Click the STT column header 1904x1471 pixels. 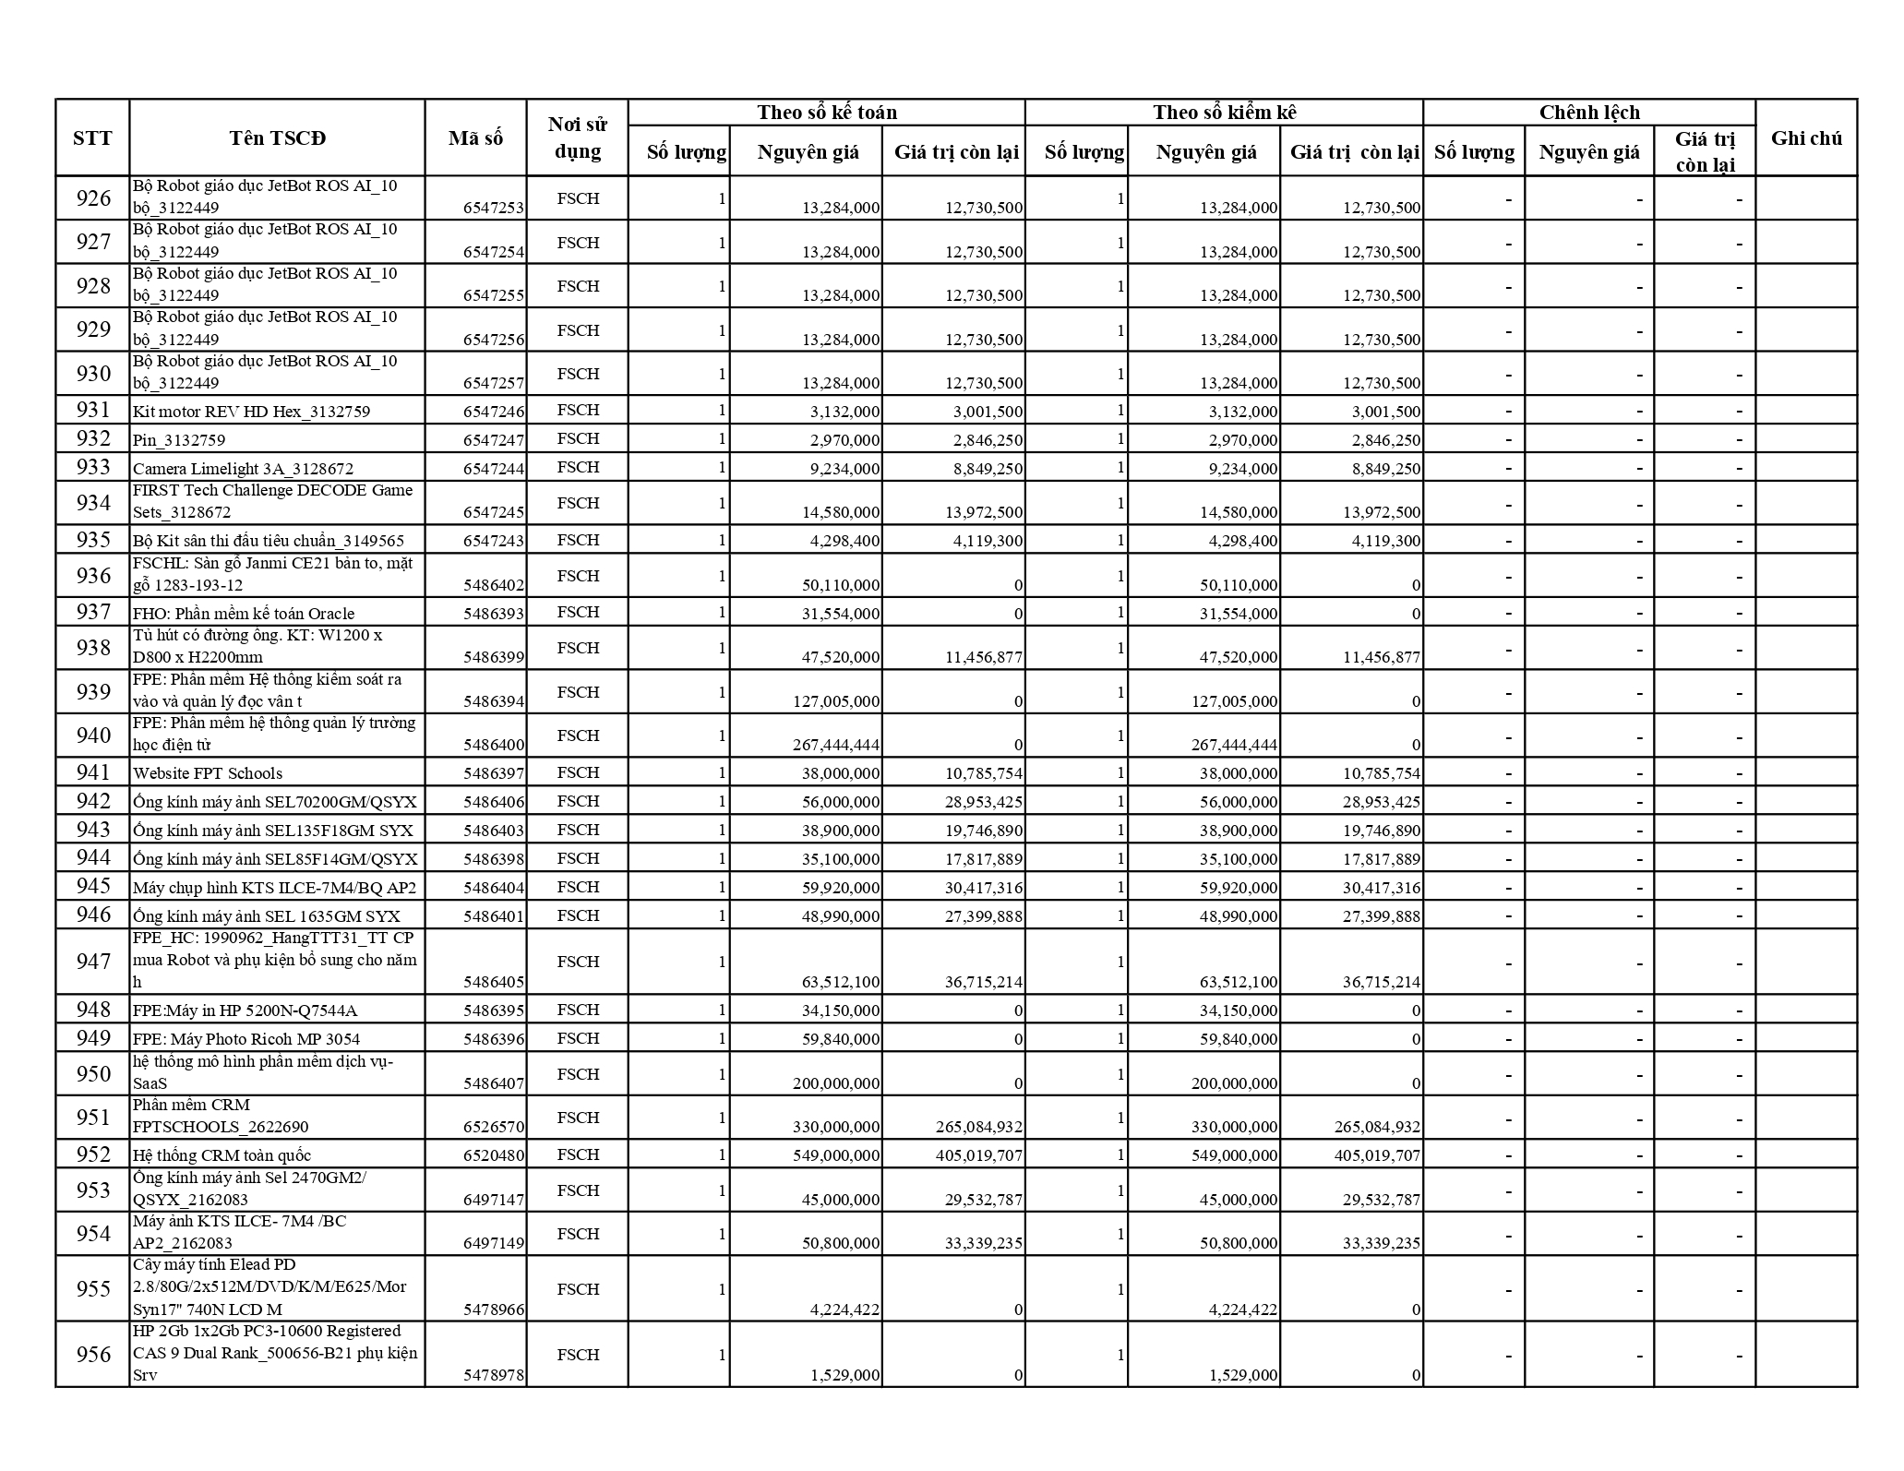click(92, 138)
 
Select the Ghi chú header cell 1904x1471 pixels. click(1805, 138)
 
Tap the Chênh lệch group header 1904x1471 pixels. click(1588, 113)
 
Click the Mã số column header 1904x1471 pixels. click(475, 138)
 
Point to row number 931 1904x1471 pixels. click(93, 410)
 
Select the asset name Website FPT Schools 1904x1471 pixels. click(208, 773)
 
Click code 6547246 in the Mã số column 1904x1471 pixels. click(494, 412)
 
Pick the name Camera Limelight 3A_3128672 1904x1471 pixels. click(243, 469)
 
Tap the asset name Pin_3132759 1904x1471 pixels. click(179, 440)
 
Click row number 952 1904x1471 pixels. click(93, 1154)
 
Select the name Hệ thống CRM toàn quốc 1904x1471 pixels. click(222, 1155)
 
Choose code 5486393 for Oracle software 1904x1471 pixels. click(494, 614)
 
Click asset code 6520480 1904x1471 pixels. click(494, 1155)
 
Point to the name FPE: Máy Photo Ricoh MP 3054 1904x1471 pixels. click(246, 1039)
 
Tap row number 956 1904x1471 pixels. click(93, 1355)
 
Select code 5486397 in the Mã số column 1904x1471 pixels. click(494, 773)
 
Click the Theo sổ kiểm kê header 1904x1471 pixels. click(1224, 113)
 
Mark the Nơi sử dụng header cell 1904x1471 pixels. click(578, 138)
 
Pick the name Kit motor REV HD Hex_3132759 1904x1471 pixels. click(251, 412)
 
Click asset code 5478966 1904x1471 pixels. click(494, 1310)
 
